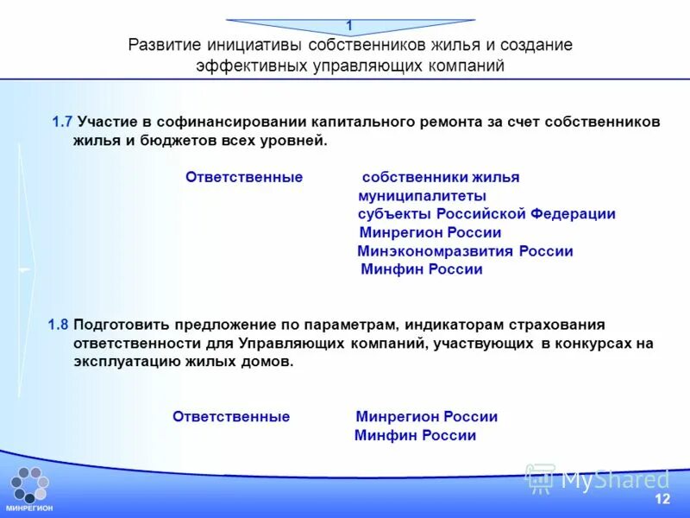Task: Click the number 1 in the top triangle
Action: tap(349, 26)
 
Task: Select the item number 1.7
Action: tap(62, 123)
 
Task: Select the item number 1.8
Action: tap(59, 325)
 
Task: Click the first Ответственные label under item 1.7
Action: tap(244, 177)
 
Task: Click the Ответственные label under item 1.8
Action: tap(231, 417)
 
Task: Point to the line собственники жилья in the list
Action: tap(441, 177)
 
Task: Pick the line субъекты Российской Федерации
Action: tap(486, 214)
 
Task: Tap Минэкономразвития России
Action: tap(465, 251)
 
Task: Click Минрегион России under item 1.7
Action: tap(430, 233)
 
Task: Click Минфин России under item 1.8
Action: tap(415, 436)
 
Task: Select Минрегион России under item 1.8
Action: tap(426, 417)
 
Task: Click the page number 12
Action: tap(662, 500)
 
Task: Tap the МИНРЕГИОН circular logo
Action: tap(29, 485)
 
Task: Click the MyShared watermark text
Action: tap(615, 479)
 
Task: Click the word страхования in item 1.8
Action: tap(557, 325)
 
